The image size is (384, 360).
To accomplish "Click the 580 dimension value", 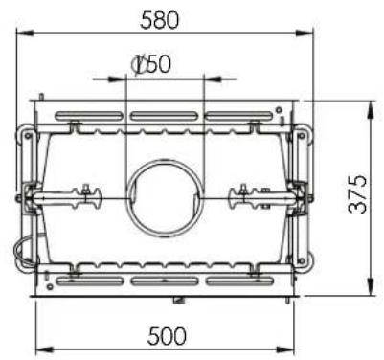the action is (160, 19).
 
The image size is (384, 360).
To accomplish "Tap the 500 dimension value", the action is (167, 335).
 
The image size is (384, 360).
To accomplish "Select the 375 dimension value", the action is (357, 194).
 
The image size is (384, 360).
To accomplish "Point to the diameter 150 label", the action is (151, 64).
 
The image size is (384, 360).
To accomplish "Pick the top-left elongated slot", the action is (89, 116).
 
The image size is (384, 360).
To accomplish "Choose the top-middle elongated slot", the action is (165, 116).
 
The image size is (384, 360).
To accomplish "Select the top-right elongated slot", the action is (239, 116).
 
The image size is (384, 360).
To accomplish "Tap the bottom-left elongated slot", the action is (90, 281).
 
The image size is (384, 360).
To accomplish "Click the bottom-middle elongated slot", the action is (165, 281).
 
